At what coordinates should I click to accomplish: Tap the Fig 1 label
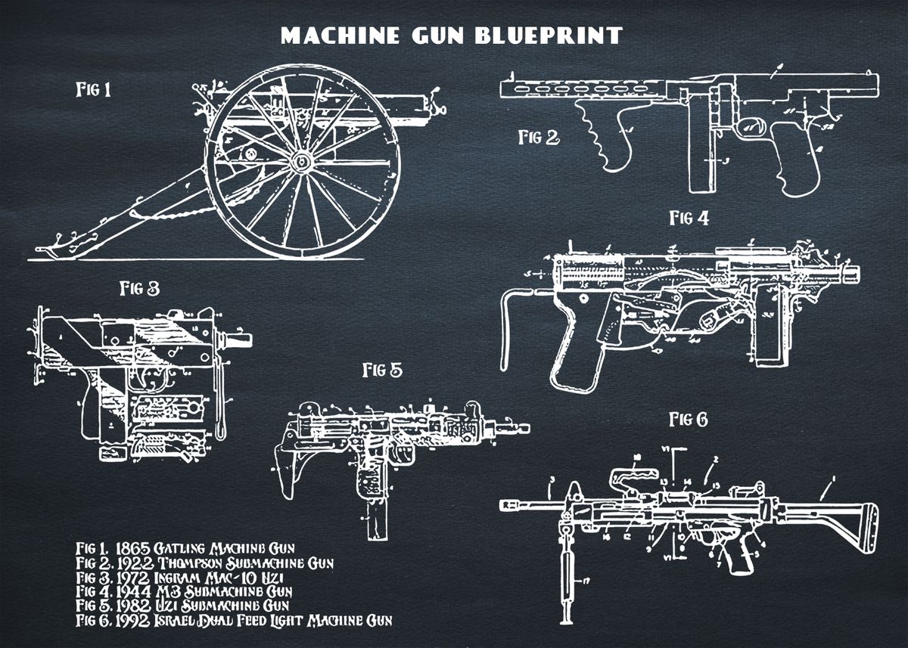[x=93, y=90]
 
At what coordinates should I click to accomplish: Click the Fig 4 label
[x=689, y=219]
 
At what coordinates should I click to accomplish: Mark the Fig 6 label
[x=687, y=419]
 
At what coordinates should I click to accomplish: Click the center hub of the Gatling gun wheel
[x=301, y=161]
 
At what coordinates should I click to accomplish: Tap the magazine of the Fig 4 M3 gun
[x=766, y=330]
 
